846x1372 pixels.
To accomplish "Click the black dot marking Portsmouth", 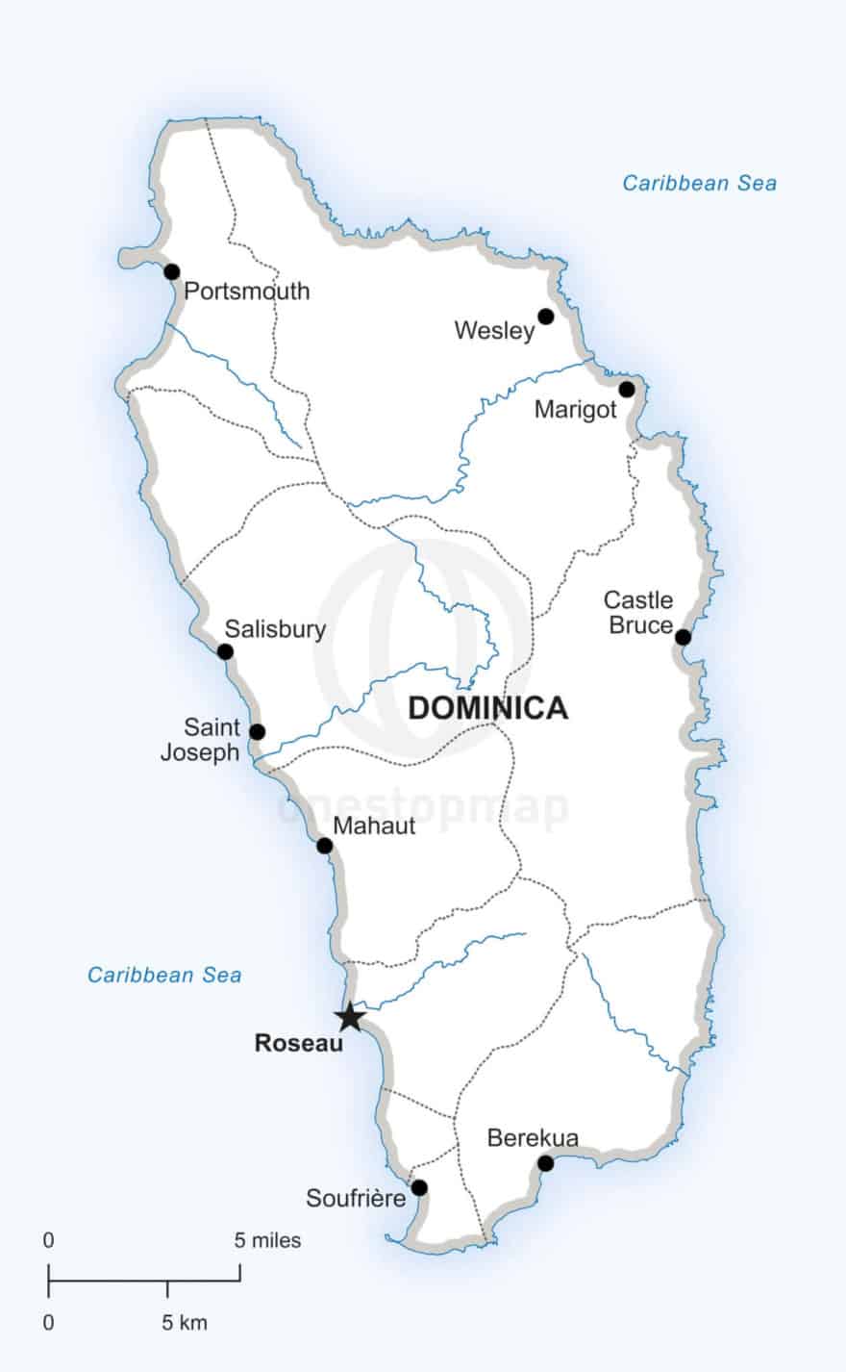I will pyautogui.click(x=172, y=271).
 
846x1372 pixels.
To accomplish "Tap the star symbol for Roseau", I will pyautogui.click(x=349, y=1016).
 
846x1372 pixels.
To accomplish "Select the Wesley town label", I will pyautogui.click(x=494, y=331).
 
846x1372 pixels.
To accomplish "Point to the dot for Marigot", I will pyautogui.click(x=627, y=390).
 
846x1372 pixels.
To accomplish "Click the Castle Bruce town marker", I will pyautogui.click(x=683, y=637).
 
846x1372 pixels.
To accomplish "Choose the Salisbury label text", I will pyautogui.click(x=275, y=629).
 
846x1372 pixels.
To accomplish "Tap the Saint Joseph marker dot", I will pyautogui.click(x=257, y=732).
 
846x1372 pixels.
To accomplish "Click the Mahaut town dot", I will pyautogui.click(x=325, y=846).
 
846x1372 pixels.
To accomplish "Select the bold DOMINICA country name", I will pyautogui.click(x=487, y=708).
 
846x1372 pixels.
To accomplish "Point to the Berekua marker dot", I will pyautogui.click(x=545, y=1163).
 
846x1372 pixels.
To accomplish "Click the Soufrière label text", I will pyautogui.click(x=356, y=1198).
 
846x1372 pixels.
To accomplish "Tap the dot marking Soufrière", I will pyautogui.click(x=419, y=1187).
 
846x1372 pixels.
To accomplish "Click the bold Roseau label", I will pyautogui.click(x=299, y=1043).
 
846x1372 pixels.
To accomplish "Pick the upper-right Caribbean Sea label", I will pyautogui.click(x=699, y=183).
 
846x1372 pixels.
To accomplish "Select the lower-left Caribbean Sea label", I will pyautogui.click(x=164, y=975).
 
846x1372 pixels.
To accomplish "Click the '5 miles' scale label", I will pyautogui.click(x=267, y=1240).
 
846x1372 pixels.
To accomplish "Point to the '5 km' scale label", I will pyautogui.click(x=184, y=1323).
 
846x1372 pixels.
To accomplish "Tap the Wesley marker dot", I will pyautogui.click(x=546, y=317).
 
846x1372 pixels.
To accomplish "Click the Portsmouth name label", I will pyautogui.click(x=247, y=291).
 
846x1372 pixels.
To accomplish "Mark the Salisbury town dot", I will pyautogui.click(x=225, y=651).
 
